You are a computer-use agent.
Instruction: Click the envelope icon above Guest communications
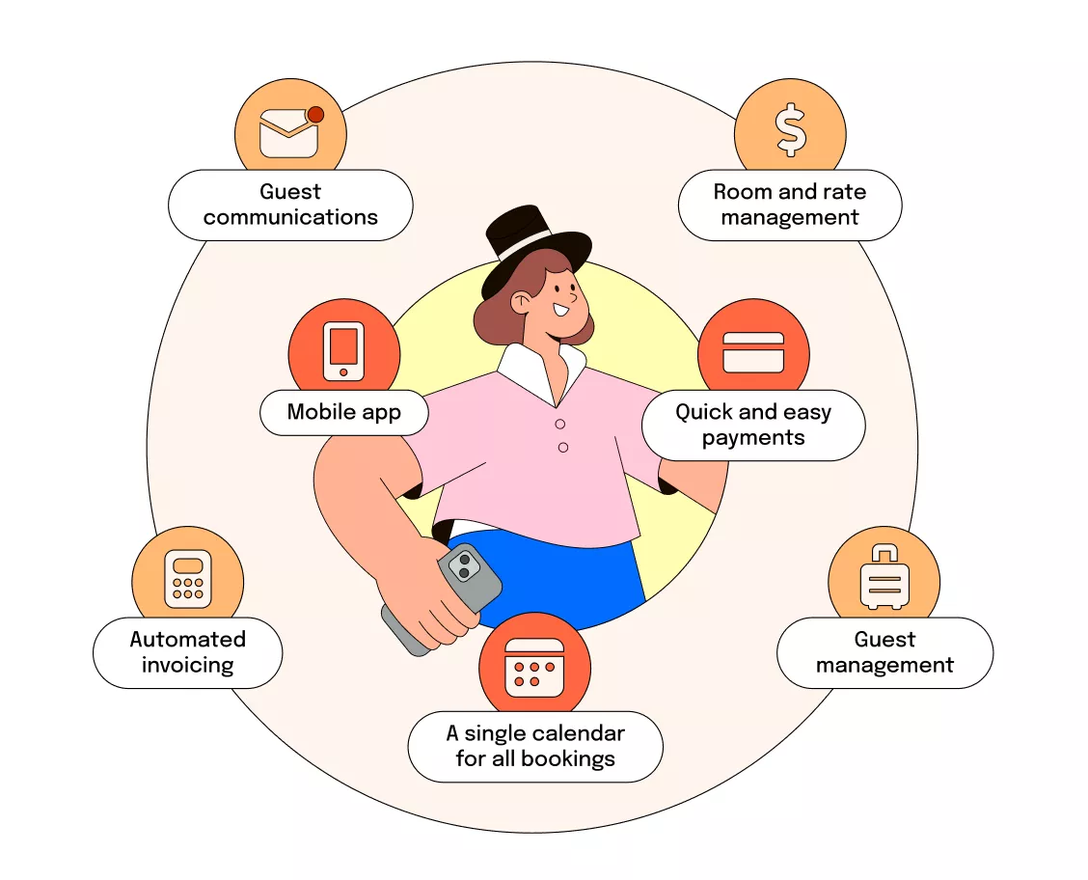coord(288,134)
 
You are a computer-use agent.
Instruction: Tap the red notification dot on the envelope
coord(315,115)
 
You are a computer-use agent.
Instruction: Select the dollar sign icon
coord(791,131)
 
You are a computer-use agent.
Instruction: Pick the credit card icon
coord(753,352)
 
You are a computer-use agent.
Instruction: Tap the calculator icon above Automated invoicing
coord(187,580)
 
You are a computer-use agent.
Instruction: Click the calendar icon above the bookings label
coord(534,666)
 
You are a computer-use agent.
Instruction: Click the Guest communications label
coord(290,205)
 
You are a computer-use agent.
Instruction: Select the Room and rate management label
coord(790,205)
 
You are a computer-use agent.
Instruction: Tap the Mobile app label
coord(344,413)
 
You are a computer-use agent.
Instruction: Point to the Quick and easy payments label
coord(753,425)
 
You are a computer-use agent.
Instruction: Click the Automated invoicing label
coord(188,652)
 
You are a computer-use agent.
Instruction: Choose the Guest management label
coord(884,652)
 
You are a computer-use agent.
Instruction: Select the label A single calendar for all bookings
coord(535,746)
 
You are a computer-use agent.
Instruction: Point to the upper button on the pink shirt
coord(559,424)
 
